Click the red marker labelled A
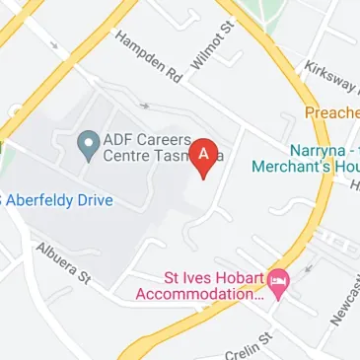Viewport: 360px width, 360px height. pos(204,157)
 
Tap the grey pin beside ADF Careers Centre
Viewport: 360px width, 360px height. pos(87,145)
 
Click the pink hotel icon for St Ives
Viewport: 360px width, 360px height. pos(279,283)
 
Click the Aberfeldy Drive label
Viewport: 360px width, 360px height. pos(59,200)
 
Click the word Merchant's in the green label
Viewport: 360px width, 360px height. pos(286,167)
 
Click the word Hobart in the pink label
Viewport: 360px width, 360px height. pos(237,277)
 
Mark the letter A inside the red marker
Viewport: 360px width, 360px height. pos(204,154)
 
